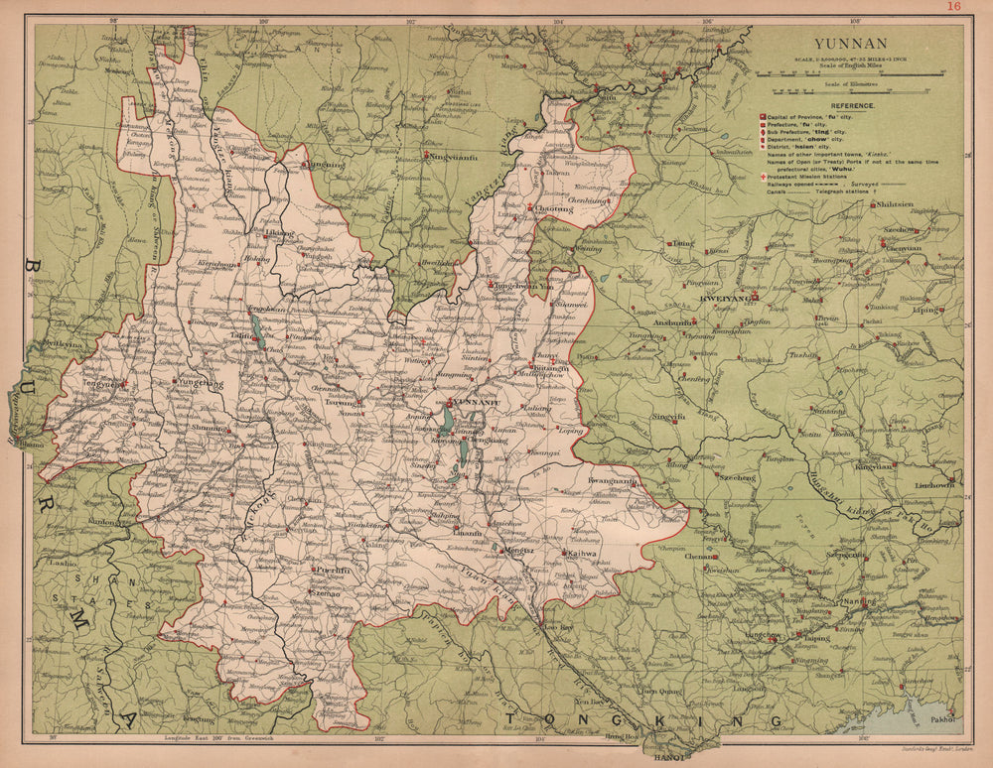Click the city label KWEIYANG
723,298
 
